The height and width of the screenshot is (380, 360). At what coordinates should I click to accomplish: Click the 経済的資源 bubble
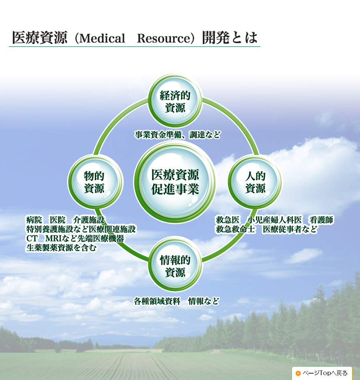click(x=175, y=101)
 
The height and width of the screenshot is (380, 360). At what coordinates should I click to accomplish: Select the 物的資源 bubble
click(x=94, y=182)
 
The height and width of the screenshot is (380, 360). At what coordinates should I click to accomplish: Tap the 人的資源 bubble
click(x=255, y=182)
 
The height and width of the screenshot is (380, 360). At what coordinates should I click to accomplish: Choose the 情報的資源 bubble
click(x=175, y=266)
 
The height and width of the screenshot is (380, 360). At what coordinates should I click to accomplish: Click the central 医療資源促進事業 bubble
click(x=175, y=182)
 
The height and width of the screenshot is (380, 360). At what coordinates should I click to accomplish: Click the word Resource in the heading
click(x=163, y=38)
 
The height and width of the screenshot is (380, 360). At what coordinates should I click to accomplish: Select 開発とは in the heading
click(x=230, y=38)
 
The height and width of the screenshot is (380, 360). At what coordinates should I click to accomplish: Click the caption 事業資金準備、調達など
click(x=177, y=135)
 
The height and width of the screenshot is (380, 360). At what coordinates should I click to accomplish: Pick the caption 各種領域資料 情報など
click(x=176, y=301)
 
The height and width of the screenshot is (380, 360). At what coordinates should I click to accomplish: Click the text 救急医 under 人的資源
click(x=228, y=220)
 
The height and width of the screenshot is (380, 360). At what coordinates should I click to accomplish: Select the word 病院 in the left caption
click(x=34, y=220)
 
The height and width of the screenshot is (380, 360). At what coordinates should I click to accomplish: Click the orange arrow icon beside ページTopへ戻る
click(x=298, y=373)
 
